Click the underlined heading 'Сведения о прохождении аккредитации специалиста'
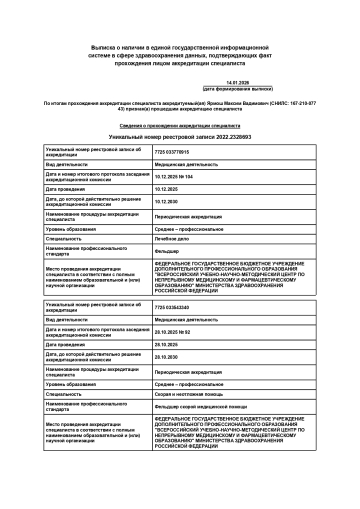coord(180,123)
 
